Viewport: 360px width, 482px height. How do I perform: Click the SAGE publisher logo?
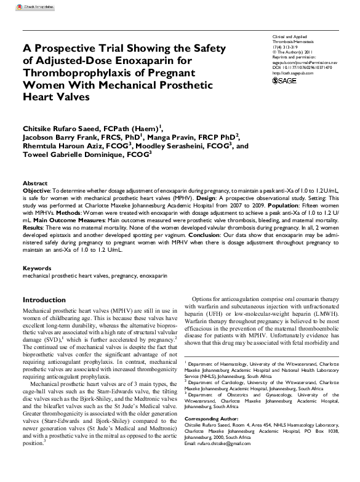point(284,81)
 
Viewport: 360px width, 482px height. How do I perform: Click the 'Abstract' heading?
point(35,184)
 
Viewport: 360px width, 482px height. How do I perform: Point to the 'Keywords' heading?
point(37,269)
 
